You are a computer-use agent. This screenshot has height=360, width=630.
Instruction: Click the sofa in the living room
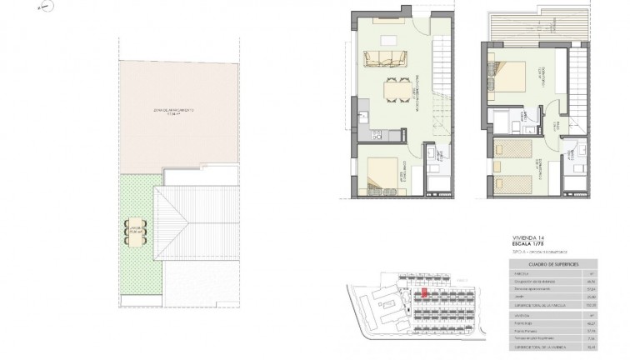coord(384,58)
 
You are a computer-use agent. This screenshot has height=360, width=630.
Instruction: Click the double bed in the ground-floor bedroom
coord(384,175)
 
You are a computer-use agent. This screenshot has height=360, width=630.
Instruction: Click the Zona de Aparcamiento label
coord(174,110)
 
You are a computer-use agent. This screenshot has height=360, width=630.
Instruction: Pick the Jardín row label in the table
coord(518,297)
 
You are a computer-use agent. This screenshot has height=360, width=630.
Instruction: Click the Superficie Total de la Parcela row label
coord(539,305)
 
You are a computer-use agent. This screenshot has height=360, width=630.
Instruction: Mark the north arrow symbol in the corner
coord(47,7)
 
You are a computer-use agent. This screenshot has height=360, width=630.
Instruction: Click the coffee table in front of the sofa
coord(387,41)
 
